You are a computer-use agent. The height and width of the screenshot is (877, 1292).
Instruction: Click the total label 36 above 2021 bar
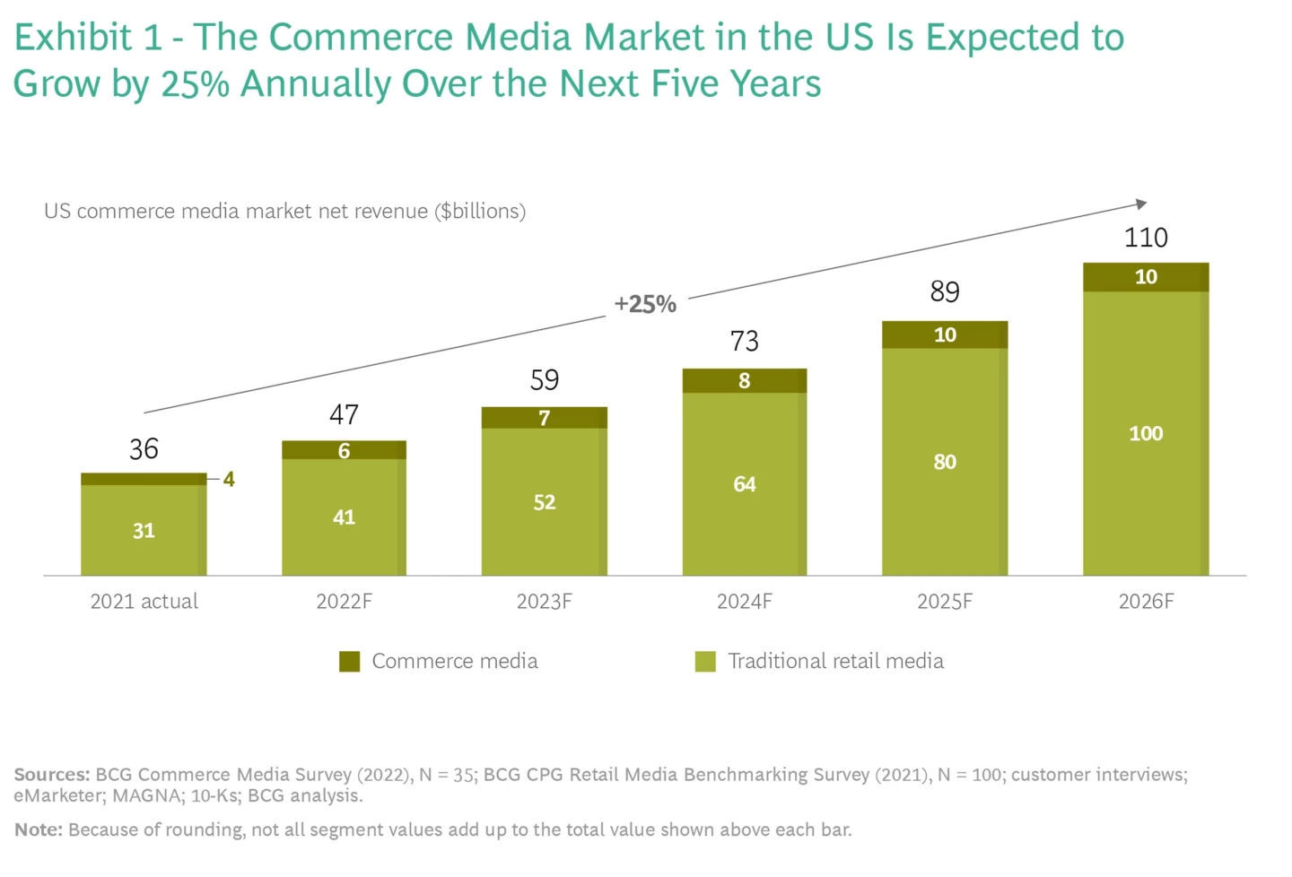tap(144, 448)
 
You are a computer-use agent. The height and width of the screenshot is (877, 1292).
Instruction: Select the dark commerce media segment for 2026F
tap(1146, 277)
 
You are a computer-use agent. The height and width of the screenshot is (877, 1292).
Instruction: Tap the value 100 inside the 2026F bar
tap(1146, 434)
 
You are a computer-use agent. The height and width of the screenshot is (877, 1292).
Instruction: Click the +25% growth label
tap(645, 304)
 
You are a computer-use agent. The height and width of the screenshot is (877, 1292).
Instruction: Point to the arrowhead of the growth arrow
tap(1141, 204)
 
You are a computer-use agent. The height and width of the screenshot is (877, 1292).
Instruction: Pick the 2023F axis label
tap(544, 602)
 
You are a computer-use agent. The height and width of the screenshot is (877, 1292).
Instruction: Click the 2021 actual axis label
tap(144, 602)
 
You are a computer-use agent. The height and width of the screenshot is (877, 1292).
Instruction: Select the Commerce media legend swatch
tap(350, 662)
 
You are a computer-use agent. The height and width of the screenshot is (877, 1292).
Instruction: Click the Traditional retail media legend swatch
tap(705, 662)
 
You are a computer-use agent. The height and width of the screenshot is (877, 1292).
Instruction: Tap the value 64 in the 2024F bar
tap(745, 484)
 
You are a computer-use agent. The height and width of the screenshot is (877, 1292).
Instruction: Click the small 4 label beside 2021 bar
tap(229, 480)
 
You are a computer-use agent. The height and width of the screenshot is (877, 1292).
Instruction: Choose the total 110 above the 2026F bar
tap(1146, 238)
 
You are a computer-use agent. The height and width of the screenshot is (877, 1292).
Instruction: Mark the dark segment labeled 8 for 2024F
tap(745, 381)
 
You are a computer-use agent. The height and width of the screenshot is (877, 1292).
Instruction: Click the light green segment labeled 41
tap(344, 517)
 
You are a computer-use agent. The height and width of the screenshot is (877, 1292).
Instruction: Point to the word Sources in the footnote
tap(51, 775)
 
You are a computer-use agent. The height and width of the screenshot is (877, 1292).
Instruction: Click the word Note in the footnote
tap(38, 830)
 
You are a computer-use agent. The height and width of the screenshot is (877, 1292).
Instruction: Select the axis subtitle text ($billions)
tap(480, 212)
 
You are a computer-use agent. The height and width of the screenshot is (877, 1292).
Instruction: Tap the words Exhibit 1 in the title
tap(88, 38)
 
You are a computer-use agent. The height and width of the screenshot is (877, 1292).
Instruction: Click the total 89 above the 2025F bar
tap(945, 291)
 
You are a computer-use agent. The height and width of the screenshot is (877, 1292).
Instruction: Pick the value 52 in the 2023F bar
tap(544, 502)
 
